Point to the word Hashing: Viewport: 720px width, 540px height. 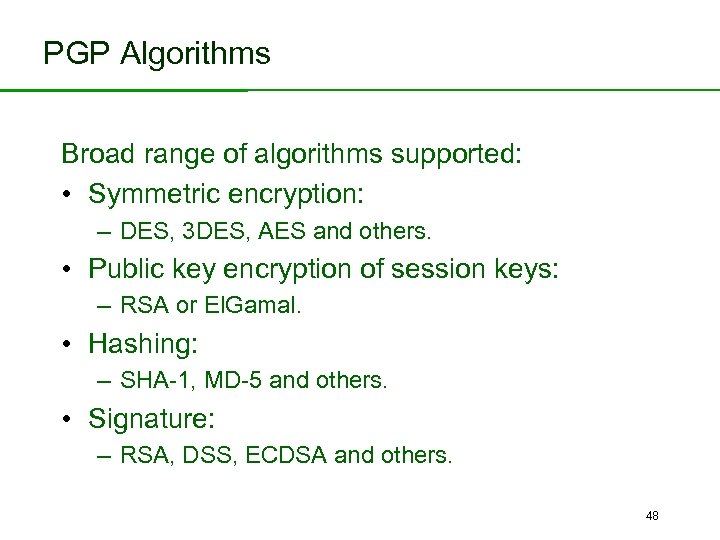[144, 345]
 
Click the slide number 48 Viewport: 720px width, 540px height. [652, 516]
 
